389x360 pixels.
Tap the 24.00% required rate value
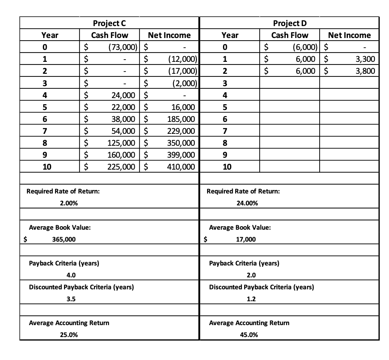248,203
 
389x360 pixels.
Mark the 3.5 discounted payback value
70,299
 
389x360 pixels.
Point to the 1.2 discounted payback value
251,299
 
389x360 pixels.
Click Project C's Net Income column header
170,35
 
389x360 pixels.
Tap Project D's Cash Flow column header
290,35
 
